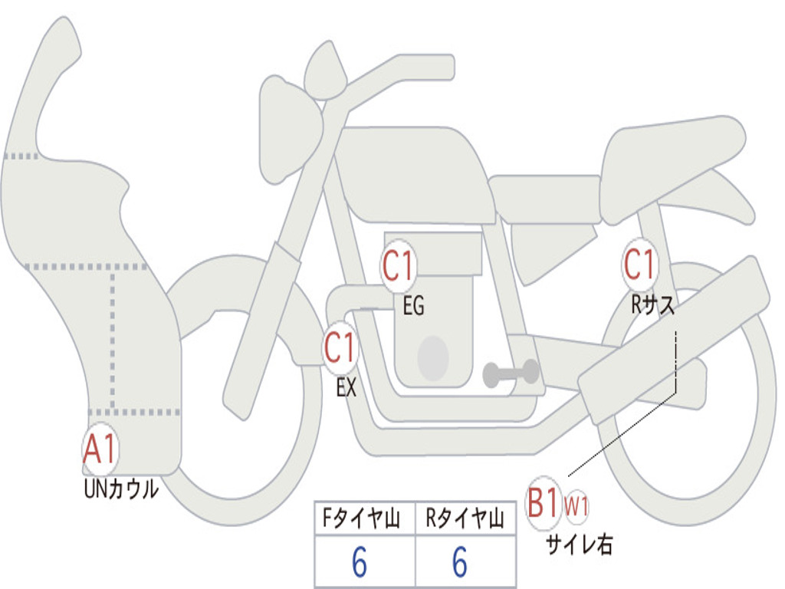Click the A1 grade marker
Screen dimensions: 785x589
100,449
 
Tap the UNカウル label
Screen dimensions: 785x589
121,489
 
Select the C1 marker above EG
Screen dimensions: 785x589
399,265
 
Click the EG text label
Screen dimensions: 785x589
413,305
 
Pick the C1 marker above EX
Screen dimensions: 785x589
340,347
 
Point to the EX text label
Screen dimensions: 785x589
347,387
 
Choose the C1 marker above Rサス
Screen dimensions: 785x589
639,264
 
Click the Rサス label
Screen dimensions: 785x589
652,304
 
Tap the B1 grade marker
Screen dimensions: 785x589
544,503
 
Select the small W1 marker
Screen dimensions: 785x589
576,506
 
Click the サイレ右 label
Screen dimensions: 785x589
579,545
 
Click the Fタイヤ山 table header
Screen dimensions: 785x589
362,518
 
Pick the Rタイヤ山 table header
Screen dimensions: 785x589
465,518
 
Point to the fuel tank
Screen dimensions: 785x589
414,175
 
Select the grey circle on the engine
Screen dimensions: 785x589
433,358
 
